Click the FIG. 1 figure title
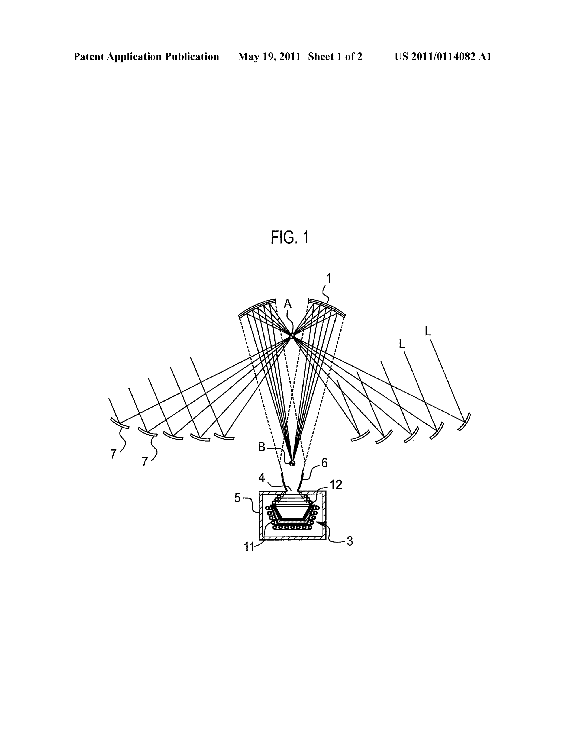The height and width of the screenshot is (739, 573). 290,238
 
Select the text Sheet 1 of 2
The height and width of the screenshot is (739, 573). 335,56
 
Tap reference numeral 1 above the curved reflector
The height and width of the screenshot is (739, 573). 328,279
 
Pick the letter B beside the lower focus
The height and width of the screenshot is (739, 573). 261,447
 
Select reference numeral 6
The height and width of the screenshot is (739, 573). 324,463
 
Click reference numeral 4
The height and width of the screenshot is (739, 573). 261,477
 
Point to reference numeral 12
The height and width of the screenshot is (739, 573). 336,485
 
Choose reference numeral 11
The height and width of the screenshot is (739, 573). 249,547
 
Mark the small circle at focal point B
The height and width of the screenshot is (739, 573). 292,463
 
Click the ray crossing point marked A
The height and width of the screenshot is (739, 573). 292,336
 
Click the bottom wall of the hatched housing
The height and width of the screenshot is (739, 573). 293,539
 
